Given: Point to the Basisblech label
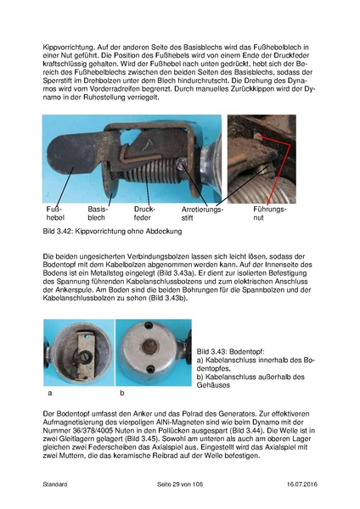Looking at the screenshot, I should tap(98, 213).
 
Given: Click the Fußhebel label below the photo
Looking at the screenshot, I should tap(54, 213).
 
